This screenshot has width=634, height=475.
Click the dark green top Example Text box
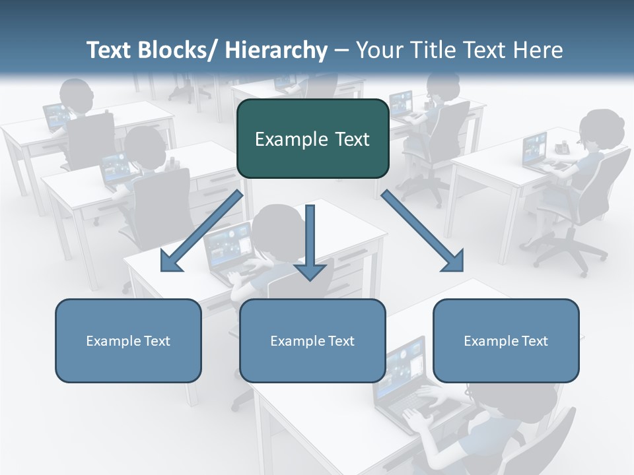(x=312, y=139)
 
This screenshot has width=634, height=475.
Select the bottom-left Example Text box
(x=128, y=340)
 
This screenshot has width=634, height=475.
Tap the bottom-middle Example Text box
(x=312, y=340)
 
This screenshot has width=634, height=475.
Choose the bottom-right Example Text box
(x=506, y=340)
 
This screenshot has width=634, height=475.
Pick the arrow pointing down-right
(x=423, y=231)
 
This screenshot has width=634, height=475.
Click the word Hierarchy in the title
(x=276, y=50)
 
